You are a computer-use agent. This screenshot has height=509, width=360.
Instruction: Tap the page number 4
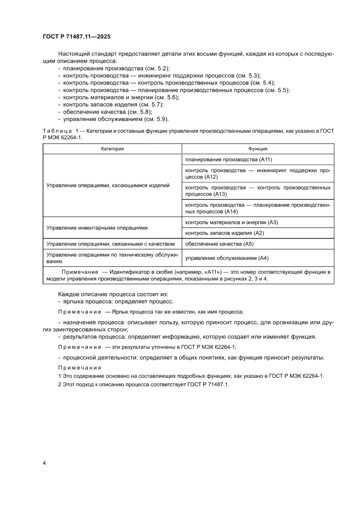click(44, 462)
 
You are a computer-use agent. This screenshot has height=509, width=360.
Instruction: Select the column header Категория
click(112, 148)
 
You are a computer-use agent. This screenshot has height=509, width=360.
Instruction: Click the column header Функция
click(258, 148)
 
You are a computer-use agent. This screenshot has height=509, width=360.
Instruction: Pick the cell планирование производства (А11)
click(229, 160)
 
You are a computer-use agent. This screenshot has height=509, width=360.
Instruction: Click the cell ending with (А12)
click(258, 174)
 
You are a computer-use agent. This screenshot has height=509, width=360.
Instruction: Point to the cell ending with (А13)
click(258, 191)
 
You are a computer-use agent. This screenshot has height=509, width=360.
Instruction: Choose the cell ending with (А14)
click(258, 208)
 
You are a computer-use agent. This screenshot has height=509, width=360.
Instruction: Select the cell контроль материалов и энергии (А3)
click(231, 222)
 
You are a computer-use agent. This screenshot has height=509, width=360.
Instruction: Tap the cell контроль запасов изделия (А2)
click(225, 233)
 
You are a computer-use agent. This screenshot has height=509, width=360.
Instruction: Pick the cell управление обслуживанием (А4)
click(226, 258)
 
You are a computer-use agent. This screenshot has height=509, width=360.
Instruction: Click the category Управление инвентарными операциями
click(97, 228)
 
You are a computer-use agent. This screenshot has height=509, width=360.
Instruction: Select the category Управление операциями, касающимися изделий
click(108, 185)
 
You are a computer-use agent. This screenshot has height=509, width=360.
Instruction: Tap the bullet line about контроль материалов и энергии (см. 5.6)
click(121, 98)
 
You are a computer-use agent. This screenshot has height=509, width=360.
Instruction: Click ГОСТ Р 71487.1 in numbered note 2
click(206, 385)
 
